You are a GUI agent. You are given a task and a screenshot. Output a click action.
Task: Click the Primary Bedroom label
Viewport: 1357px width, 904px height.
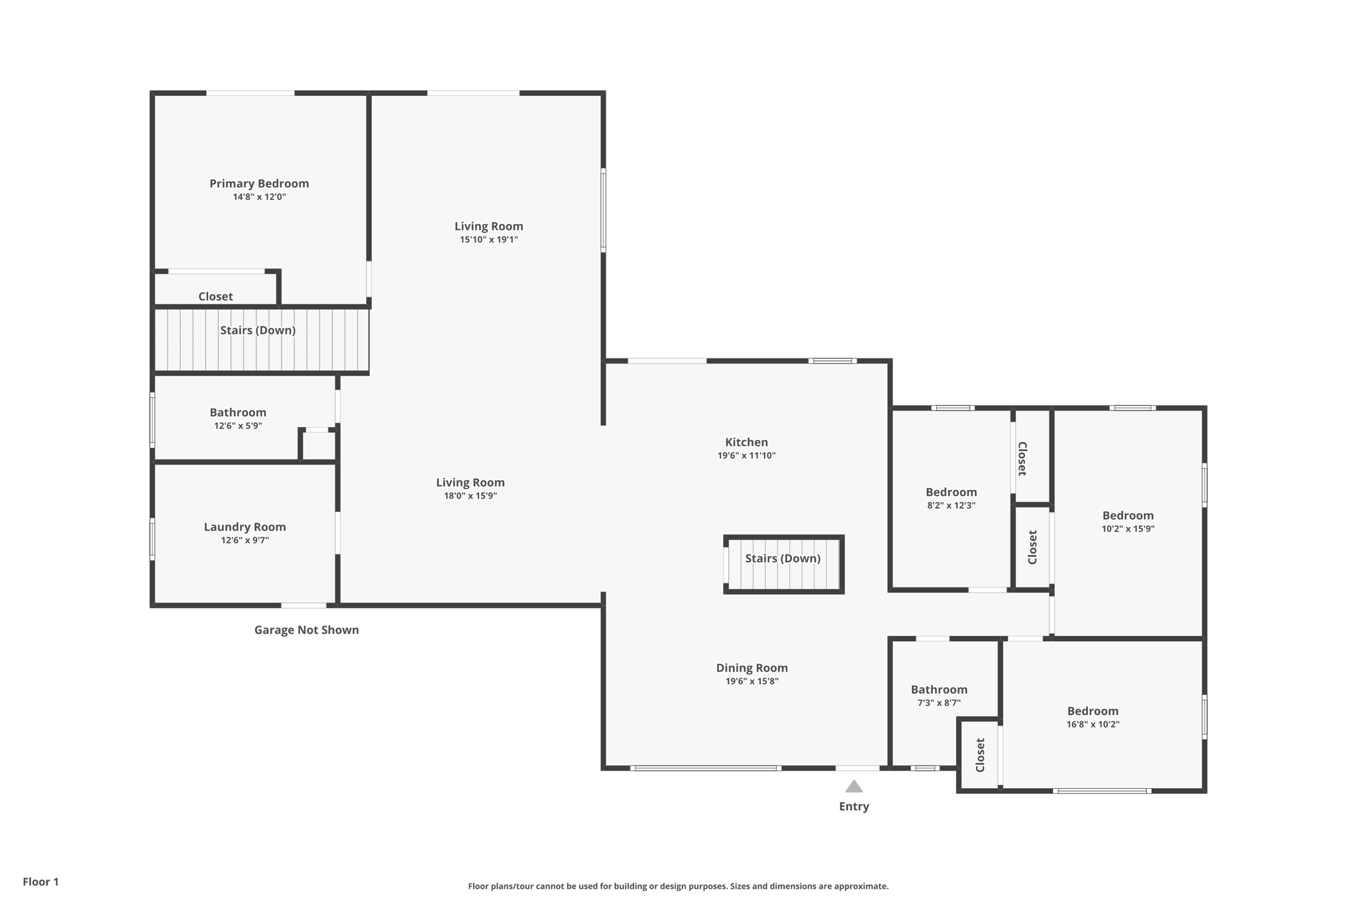click(x=259, y=183)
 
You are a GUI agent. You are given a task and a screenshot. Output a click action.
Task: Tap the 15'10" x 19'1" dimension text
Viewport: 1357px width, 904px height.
click(x=489, y=240)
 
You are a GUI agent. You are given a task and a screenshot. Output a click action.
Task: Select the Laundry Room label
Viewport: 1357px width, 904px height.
click(x=244, y=527)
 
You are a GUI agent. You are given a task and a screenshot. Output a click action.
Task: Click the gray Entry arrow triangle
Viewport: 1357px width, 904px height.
click(x=854, y=787)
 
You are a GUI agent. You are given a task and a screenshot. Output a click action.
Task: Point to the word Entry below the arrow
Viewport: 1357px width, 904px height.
click(x=854, y=807)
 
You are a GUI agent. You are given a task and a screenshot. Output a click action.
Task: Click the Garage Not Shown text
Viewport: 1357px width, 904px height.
click(x=306, y=630)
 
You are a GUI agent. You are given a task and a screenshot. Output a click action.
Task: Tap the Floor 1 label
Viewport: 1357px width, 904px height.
click(x=40, y=881)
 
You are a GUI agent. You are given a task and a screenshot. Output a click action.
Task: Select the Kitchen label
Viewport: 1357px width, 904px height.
click(x=746, y=442)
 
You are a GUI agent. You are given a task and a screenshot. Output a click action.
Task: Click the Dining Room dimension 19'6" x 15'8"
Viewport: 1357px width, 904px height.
click(x=751, y=681)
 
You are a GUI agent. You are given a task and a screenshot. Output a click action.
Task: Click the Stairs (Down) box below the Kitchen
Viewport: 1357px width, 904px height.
click(x=783, y=564)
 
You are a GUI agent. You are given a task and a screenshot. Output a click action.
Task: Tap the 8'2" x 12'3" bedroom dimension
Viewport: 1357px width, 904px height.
click(x=951, y=505)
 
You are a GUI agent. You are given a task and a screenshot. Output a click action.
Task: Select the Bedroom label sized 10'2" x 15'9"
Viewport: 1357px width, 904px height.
click(x=1128, y=515)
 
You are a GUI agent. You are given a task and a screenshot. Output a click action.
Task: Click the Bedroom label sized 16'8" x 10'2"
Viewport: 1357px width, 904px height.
click(x=1093, y=711)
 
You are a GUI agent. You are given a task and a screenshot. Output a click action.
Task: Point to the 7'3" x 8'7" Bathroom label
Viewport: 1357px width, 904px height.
click(x=939, y=689)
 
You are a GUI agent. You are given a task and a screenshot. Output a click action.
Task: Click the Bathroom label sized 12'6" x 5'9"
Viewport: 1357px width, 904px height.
click(x=238, y=413)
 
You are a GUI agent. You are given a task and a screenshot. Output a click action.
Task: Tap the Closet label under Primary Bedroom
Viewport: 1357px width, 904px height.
click(x=215, y=297)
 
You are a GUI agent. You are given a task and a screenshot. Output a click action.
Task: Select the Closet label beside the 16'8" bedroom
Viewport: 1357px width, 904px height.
click(x=981, y=755)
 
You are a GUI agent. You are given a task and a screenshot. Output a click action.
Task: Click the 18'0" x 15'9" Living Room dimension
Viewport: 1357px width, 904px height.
click(x=470, y=496)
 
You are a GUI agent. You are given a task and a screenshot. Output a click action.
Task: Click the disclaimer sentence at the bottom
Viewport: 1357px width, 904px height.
click(x=678, y=886)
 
